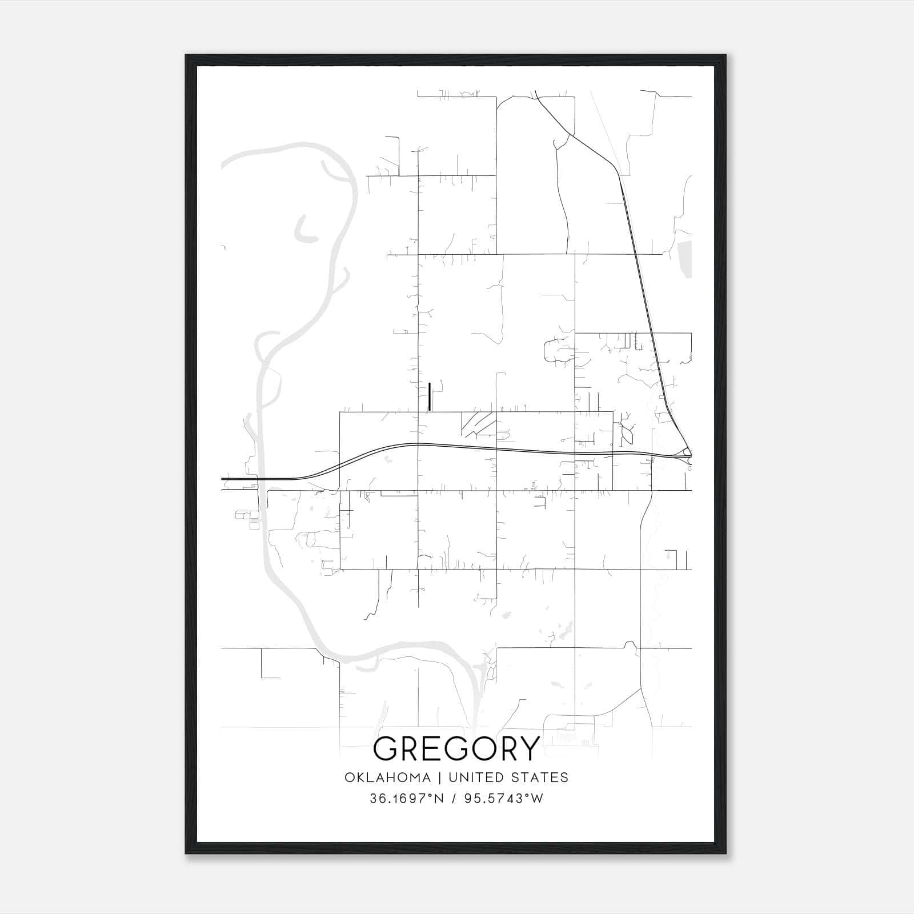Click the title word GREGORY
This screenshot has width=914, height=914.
pos(456,748)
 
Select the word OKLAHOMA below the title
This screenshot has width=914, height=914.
pos(388,777)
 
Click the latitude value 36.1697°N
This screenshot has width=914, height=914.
pos(407,798)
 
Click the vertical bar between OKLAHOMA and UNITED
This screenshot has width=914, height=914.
pos(440,777)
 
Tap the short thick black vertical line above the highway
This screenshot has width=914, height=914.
pos(429,396)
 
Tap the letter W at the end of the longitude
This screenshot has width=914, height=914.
pos(536,798)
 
